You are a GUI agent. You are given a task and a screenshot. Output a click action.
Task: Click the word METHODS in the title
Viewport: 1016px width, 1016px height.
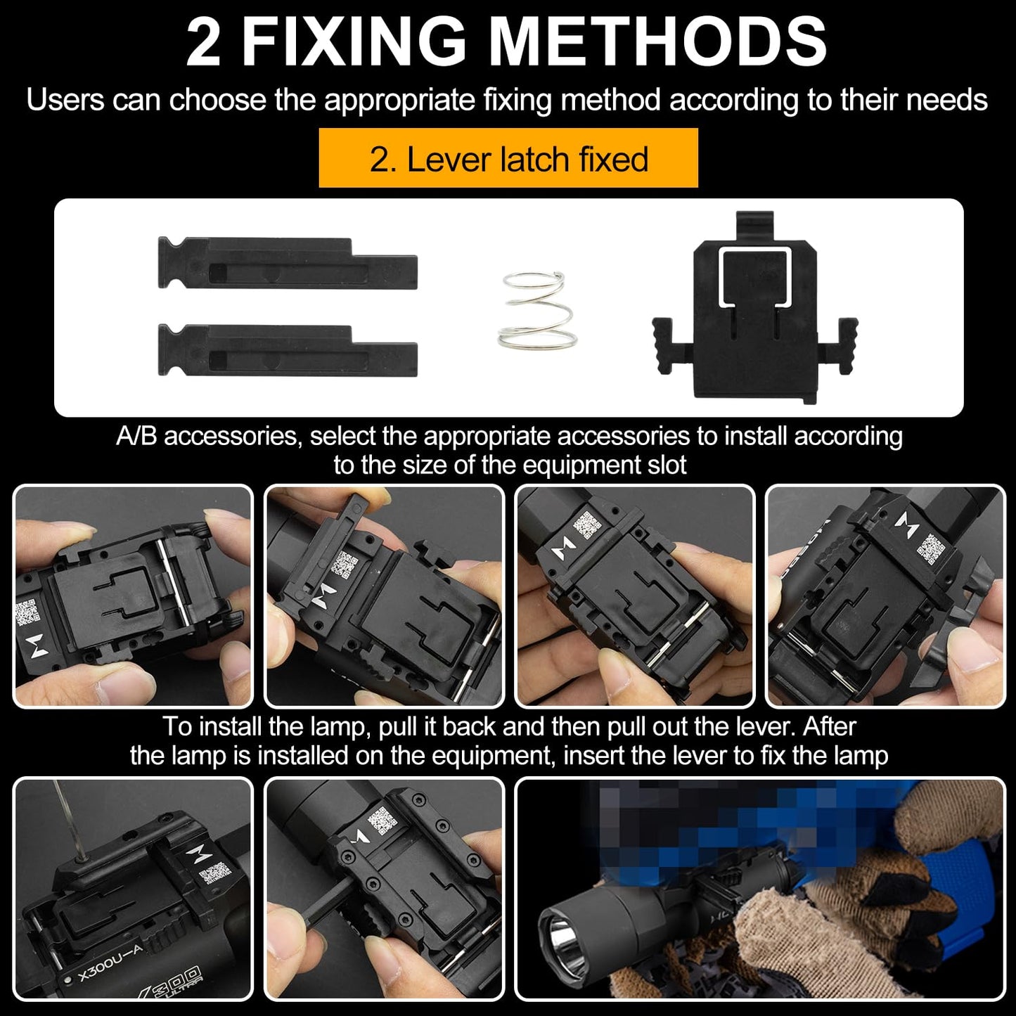click(658, 42)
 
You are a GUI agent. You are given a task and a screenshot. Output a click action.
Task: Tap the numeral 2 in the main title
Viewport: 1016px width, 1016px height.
click(204, 42)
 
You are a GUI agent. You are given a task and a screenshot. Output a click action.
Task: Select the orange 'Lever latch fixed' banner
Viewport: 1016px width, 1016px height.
click(508, 158)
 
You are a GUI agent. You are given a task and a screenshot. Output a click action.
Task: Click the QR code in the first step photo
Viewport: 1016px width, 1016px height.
click(27, 612)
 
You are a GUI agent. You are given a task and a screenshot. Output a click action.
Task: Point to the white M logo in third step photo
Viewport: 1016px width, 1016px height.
click(562, 548)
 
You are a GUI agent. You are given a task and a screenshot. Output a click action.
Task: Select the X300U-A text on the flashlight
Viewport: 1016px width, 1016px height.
click(110, 963)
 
